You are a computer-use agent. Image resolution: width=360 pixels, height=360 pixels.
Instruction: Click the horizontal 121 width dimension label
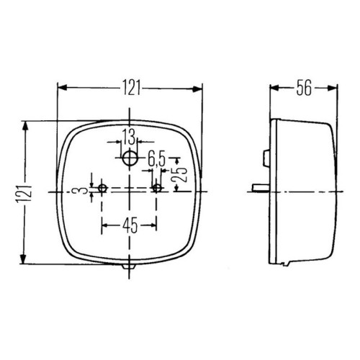(131, 88)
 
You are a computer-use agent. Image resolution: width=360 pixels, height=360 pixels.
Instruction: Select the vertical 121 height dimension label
(24, 194)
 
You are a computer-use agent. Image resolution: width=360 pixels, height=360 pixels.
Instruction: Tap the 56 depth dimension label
(304, 88)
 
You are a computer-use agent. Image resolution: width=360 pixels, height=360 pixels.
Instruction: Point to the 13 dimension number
(129, 137)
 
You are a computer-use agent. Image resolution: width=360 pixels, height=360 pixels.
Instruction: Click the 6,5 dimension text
(157, 159)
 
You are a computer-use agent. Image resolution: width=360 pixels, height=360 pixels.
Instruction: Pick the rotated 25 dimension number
(182, 174)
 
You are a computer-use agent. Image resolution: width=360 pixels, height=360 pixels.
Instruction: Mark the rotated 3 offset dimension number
(84, 191)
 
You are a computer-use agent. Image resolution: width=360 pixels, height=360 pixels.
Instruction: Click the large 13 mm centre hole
(130, 158)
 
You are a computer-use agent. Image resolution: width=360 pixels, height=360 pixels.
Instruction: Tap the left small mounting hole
(102, 188)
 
